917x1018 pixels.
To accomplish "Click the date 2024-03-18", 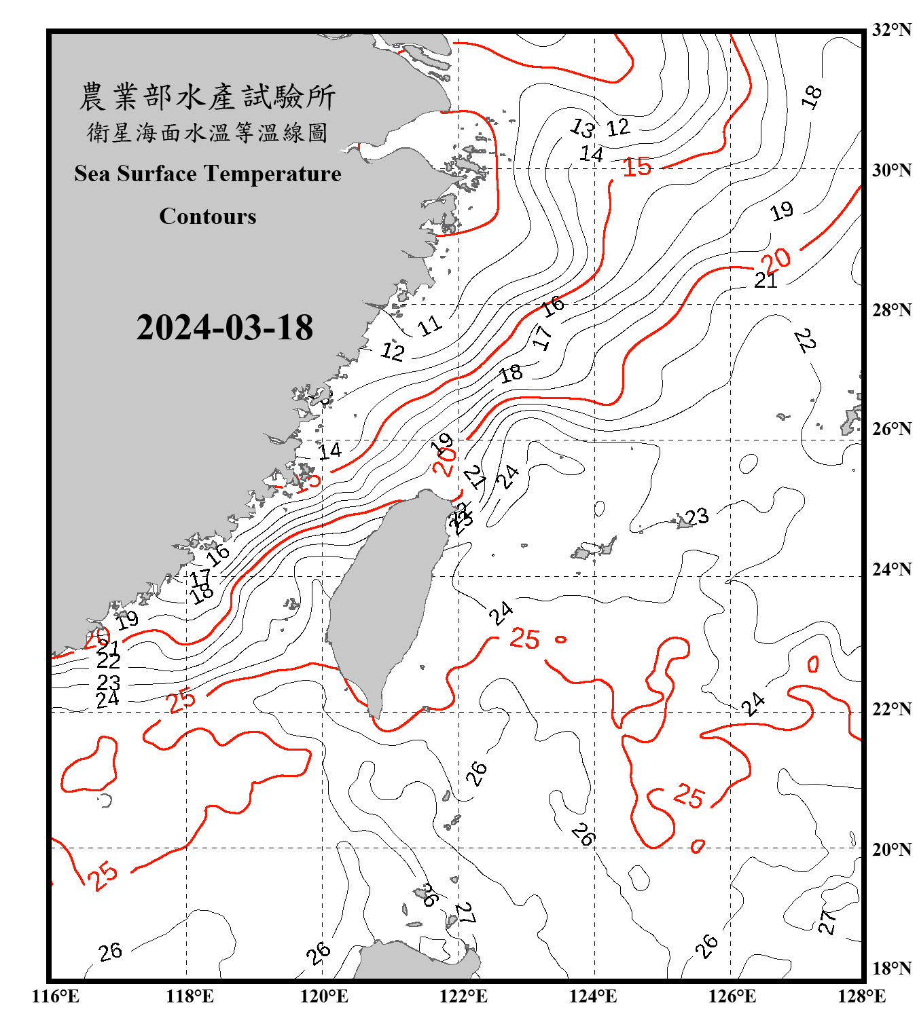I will click(224, 327).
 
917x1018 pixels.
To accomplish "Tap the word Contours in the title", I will click(208, 216).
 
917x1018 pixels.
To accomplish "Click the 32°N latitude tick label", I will click(891, 30).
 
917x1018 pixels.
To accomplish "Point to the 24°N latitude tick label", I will click(891, 569).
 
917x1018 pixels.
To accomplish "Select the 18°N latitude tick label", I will click(891, 968).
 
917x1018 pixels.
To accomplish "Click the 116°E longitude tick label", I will click(56, 996).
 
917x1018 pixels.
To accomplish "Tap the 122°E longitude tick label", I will click(463, 996).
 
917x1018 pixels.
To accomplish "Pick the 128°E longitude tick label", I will click(861, 996).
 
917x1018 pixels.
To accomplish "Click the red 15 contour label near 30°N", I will click(637, 167).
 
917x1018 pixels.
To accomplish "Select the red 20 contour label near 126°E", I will click(776, 259).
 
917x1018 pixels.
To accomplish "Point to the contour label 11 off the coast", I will click(430, 326).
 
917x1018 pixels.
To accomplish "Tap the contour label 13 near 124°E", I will click(582, 127).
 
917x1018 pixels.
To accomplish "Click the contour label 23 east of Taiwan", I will click(697, 517).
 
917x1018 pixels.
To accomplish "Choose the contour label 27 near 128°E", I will click(827, 922).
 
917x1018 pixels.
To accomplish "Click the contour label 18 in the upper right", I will click(812, 97).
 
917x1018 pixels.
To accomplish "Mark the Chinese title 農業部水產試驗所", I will click(208, 96).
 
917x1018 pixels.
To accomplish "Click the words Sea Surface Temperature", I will click(208, 174).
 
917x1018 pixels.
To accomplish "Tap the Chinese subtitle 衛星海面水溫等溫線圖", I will click(208, 132).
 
